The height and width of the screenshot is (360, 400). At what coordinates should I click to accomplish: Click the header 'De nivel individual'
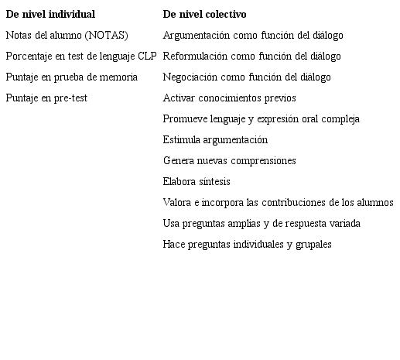[51, 15]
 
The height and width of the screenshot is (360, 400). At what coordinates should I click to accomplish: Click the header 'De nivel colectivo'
[205, 15]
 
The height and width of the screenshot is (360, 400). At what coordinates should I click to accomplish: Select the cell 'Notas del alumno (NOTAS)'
[67, 36]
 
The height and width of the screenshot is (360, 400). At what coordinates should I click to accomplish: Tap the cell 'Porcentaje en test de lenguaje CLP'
[81, 57]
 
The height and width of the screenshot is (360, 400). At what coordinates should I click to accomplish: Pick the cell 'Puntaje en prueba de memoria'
[72, 77]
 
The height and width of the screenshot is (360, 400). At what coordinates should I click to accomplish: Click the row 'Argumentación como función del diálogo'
[253, 36]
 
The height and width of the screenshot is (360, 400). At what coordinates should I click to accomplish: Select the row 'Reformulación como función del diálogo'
[251, 57]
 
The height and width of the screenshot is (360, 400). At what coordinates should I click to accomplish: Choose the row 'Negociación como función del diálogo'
[247, 77]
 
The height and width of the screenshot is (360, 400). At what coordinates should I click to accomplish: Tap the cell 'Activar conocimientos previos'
[230, 98]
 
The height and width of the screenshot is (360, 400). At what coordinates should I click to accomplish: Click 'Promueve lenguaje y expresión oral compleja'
[262, 119]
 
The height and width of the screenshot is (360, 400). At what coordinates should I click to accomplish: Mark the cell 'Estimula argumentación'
[216, 140]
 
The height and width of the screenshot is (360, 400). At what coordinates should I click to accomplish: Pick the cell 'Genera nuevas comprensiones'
[230, 161]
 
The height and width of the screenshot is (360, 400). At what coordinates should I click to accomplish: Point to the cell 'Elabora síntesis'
[197, 182]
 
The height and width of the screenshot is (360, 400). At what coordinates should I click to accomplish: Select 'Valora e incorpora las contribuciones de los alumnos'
[279, 203]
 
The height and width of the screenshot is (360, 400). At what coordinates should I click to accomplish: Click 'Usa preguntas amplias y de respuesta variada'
[262, 224]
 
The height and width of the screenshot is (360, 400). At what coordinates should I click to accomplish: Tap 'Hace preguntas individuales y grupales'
[248, 245]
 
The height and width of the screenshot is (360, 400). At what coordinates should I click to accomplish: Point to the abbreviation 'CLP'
[148, 57]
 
